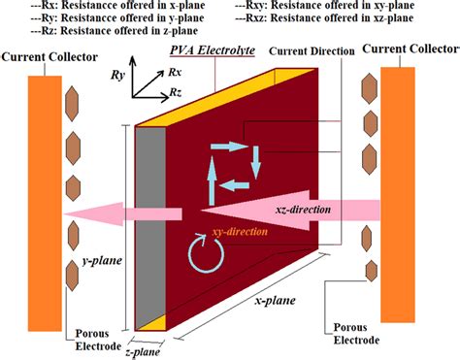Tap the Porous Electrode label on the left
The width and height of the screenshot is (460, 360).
tap(98, 339)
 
